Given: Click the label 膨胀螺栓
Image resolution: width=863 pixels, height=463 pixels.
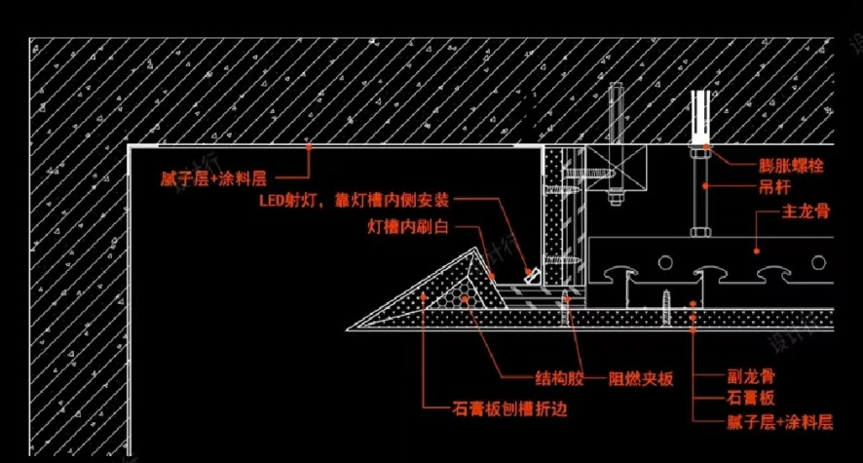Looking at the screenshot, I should click(790, 167).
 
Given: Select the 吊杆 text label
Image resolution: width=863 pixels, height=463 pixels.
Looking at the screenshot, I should click(777, 186).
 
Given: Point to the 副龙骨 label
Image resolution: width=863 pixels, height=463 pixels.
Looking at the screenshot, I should click(752, 376).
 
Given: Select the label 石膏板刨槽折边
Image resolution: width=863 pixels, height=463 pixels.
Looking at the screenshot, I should click(509, 409).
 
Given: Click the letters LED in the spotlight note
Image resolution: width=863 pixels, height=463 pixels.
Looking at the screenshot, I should click(273, 201).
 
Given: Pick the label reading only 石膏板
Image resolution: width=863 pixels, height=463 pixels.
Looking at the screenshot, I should click(752, 398).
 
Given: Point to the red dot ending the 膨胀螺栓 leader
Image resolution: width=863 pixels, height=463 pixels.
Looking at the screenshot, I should click(706, 149).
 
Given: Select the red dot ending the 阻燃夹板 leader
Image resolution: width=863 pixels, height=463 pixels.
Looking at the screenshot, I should click(566, 300).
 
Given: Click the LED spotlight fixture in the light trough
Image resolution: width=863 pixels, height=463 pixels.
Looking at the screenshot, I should click(532, 276).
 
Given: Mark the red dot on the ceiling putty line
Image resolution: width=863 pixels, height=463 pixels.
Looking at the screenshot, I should click(308, 146).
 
